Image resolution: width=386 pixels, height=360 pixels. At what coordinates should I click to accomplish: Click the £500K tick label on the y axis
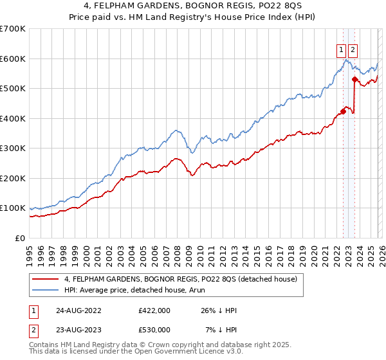tap(13, 89)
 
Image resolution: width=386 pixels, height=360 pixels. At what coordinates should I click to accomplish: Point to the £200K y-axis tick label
tap(13, 178)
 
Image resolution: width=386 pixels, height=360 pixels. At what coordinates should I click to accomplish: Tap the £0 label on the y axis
tap(20, 238)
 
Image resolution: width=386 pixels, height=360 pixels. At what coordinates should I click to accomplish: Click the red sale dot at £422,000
tap(343, 112)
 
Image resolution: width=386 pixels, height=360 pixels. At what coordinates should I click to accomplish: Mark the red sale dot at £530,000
tap(354, 80)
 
